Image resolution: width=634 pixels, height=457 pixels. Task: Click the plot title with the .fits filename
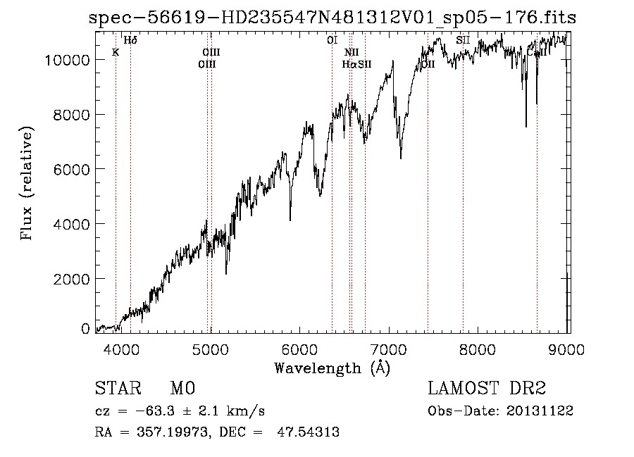(x=332, y=18)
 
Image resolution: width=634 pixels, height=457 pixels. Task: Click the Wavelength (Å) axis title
(x=332, y=368)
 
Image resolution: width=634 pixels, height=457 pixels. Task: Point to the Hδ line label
(x=130, y=40)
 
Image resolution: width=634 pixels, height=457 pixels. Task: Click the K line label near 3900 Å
(x=116, y=51)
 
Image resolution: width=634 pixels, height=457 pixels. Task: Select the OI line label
(x=332, y=40)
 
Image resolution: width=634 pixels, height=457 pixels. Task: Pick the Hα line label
(x=349, y=64)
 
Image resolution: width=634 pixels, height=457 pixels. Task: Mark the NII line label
(x=352, y=52)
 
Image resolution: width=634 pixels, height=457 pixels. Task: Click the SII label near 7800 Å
(x=463, y=40)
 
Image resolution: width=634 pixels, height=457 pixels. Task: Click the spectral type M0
(x=182, y=389)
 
